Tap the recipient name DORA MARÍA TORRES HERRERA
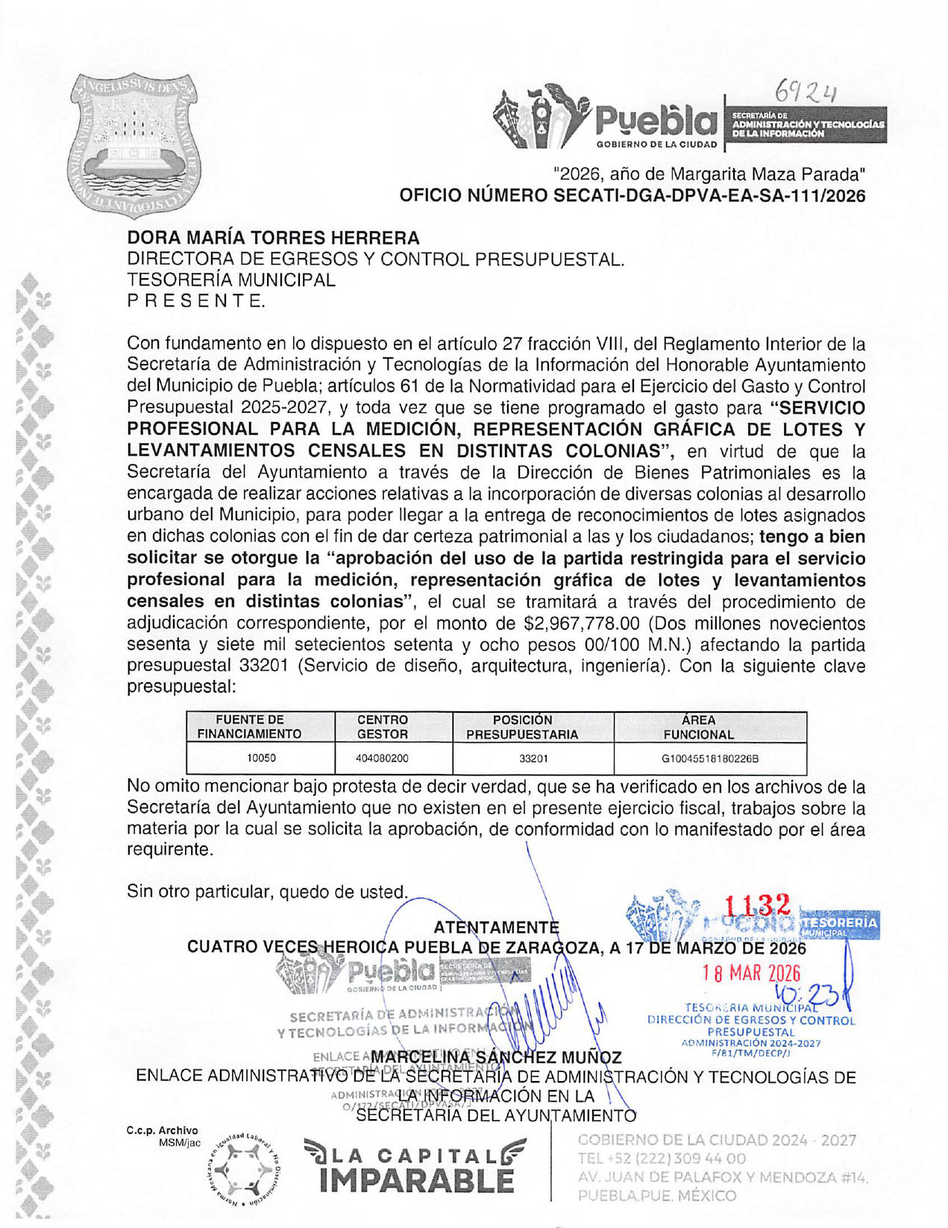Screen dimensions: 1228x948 [x=273, y=239]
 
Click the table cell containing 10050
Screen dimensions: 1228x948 [x=261, y=758]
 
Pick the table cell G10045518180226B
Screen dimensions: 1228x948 [x=709, y=759]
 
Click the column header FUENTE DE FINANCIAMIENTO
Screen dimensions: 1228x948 [x=249, y=727]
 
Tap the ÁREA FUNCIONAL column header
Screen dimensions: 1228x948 [x=698, y=727]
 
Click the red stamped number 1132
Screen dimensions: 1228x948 [x=757, y=905]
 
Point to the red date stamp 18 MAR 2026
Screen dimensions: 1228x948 [x=751, y=974]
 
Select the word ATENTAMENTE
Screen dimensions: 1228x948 [x=496, y=928]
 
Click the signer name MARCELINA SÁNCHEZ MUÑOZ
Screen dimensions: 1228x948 [x=496, y=1057]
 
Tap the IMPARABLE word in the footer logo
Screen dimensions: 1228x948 [x=416, y=1180]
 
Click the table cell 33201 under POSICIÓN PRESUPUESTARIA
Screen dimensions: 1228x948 [x=533, y=759]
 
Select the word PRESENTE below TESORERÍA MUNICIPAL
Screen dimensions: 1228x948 [x=196, y=301]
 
